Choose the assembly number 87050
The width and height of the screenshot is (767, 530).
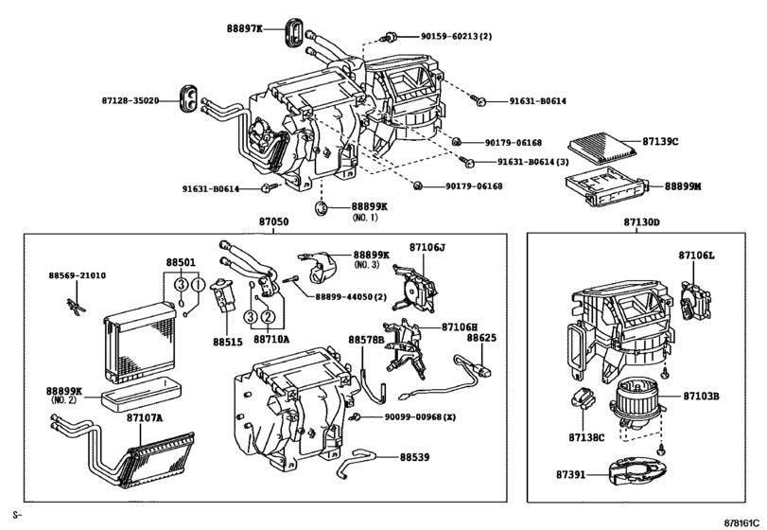click(x=273, y=222)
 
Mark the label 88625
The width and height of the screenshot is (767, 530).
click(x=480, y=336)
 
